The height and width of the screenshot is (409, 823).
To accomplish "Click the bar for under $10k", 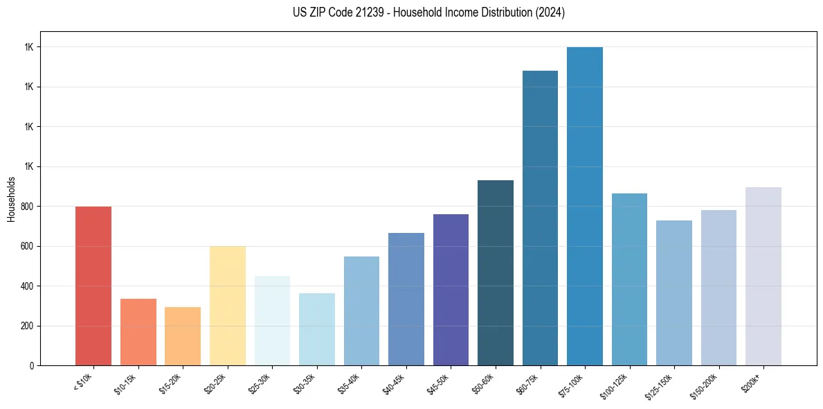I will click(x=93, y=286).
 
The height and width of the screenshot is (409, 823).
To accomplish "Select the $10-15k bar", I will click(x=138, y=332).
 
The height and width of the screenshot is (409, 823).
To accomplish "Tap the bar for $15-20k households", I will click(x=183, y=336).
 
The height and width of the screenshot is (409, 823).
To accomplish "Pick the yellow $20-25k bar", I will click(x=227, y=306).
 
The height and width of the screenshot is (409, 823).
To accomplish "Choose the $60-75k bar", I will click(x=540, y=218).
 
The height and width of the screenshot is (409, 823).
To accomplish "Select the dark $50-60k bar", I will click(x=496, y=272).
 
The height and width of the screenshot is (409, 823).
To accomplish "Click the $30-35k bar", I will click(x=317, y=329).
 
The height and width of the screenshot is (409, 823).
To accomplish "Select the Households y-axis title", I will click(x=12, y=198).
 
